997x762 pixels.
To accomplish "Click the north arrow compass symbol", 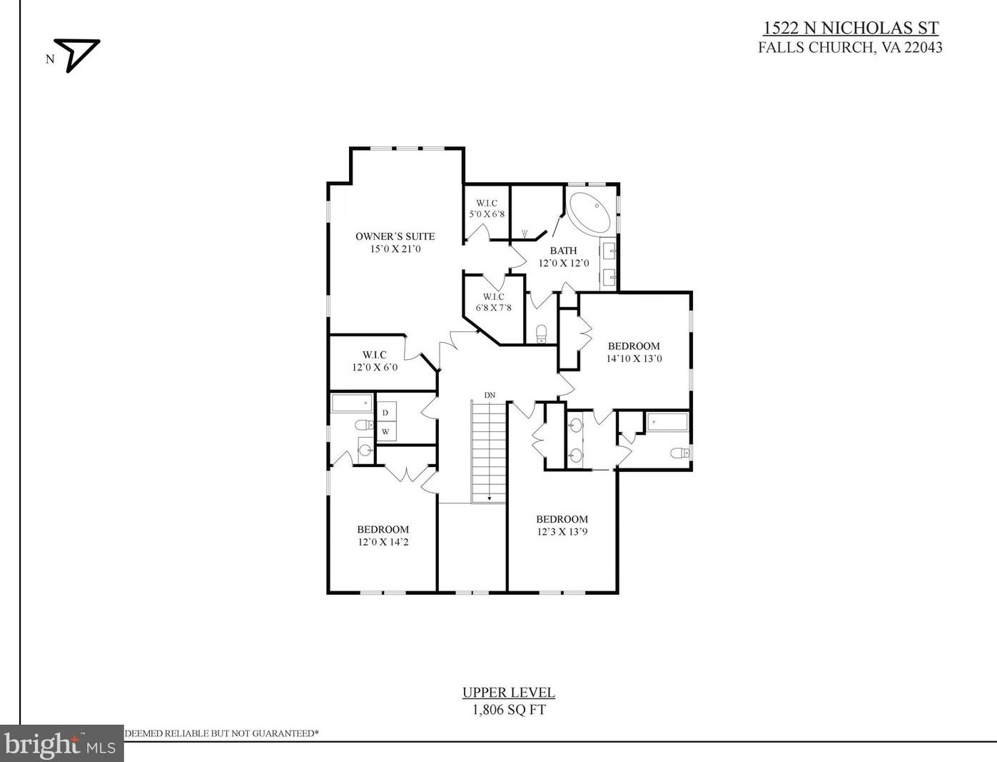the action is tap(77, 55).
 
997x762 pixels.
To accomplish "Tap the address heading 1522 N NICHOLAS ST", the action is tap(850, 28).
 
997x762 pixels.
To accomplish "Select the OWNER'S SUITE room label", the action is tap(395, 236).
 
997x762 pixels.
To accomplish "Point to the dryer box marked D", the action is tap(386, 413).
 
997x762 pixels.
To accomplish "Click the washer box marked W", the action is tap(386, 431).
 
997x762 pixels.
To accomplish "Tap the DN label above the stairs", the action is tap(490, 396).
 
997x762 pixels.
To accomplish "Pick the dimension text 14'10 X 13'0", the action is tap(634, 359).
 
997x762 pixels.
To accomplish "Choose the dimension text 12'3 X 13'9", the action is tap(562, 531).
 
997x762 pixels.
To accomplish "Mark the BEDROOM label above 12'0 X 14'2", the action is tap(383, 529).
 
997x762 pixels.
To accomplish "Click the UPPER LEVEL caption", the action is tap(509, 693).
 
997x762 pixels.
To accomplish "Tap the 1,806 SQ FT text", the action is tap(509, 709).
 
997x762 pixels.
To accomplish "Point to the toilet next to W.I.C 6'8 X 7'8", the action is tap(541, 334).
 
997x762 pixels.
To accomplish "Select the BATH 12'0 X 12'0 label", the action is tap(564, 256).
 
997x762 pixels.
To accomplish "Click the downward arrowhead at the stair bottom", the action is tap(490, 498).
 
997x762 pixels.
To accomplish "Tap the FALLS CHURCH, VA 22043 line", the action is tap(850, 48).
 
